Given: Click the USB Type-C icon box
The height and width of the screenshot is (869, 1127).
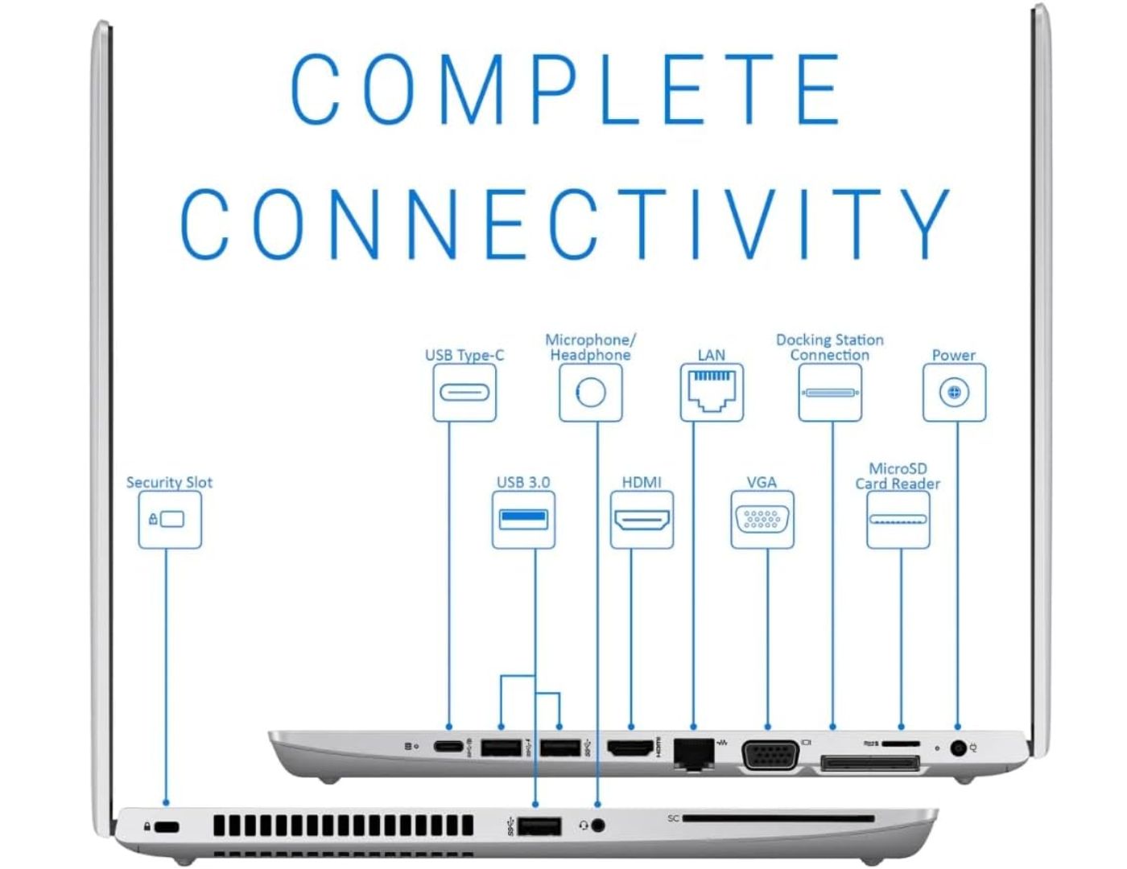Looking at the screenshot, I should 464,393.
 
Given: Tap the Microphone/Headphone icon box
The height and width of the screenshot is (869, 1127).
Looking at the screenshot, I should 591,393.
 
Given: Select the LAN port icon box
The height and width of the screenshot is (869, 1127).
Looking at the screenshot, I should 712,393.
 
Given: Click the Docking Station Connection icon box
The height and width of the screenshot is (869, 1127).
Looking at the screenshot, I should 830,393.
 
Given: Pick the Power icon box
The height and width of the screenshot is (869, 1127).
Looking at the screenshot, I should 954,393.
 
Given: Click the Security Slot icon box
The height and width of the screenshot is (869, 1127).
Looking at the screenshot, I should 170,520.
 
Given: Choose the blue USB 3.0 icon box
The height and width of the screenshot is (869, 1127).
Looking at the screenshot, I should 523,520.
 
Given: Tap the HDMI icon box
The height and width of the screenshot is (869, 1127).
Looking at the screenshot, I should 642,520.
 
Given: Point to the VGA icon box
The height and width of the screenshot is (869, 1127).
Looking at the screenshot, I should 762,520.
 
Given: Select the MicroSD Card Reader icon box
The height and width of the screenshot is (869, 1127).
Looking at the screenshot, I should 898,520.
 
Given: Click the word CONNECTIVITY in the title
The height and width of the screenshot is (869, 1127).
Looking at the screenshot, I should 565,223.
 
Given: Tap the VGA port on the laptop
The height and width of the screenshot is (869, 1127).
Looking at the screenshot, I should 770,754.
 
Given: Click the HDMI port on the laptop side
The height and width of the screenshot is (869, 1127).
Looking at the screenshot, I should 630,749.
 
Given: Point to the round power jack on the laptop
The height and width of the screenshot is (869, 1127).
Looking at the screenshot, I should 958,748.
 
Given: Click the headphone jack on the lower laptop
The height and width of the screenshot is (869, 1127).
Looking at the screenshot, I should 597,826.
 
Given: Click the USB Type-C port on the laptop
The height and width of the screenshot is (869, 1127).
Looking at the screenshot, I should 448,748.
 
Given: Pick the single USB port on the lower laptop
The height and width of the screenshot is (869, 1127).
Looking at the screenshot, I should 539,826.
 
